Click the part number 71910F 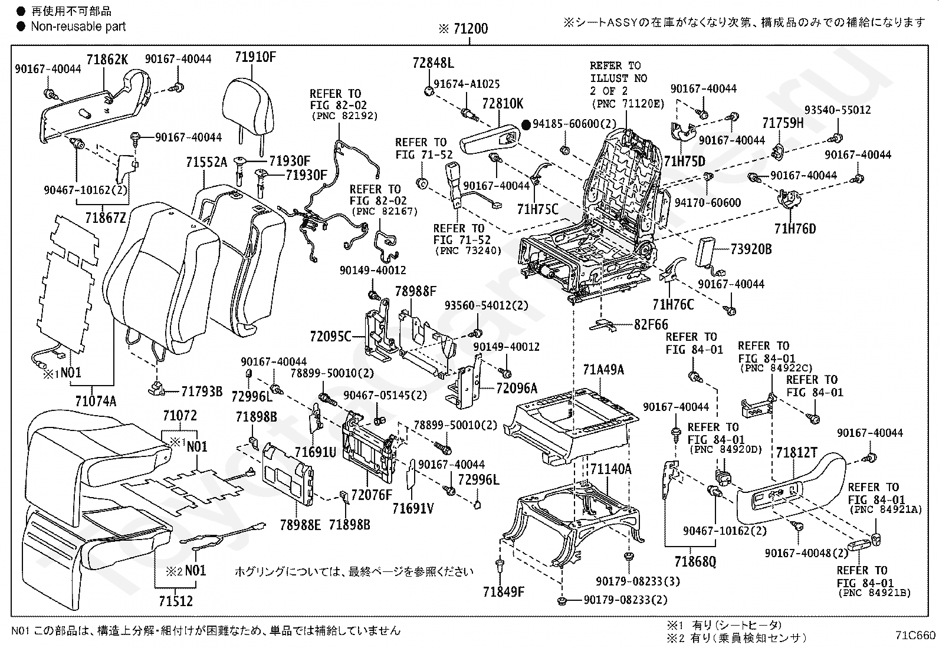click(x=255, y=57)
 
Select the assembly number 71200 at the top click(x=470, y=28)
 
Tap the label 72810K click(x=503, y=104)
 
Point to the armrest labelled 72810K click(x=491, y=139)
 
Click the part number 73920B click(x=751, y=249)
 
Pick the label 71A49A click(x=603, y=370)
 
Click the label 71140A click(x=611, y=469)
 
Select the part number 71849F click(x=504, y=591)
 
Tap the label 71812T click(x=796, y=453)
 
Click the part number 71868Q click(x=695, y=561)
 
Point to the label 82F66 click(x=651, y=324)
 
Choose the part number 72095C click(x=330, y=336)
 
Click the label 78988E click(x=300, y=525)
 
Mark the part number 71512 click(x=176, y=601)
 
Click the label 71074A click(x=96, y=401)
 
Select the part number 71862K click(x=107, y=60)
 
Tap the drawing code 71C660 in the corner click(x=915, y=636)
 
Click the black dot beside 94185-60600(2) click(x=527, y=124)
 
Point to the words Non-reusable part click(x=78, y=27)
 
